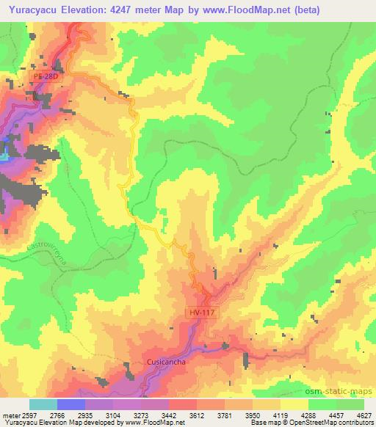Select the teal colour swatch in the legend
coord(43,404)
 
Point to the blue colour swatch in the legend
coord(71,404)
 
